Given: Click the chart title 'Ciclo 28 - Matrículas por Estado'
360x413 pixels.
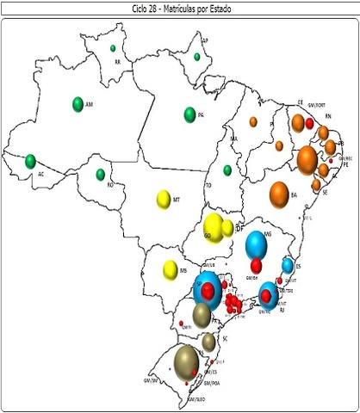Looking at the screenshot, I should click(181, 7).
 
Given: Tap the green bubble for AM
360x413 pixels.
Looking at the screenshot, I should click(78, 104).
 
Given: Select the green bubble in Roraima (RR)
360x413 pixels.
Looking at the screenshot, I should click(113, 48).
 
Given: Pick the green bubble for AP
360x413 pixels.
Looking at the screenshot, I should click(197, 57).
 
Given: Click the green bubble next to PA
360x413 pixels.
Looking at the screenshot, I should click(189, 114).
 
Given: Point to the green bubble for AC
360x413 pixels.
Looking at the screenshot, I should click(30, 161).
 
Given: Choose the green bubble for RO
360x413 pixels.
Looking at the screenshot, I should click(100, 175).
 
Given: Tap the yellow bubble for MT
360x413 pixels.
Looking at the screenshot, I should click(163, 199).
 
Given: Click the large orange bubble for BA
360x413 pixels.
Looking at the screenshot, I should click(279, 194).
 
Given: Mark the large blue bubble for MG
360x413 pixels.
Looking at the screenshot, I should click(257, 245).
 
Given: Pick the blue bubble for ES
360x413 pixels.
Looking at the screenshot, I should click(289, 266).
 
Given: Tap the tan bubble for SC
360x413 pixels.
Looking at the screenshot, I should click(208, 342).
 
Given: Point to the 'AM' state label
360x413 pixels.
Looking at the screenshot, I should click(89, 103).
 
